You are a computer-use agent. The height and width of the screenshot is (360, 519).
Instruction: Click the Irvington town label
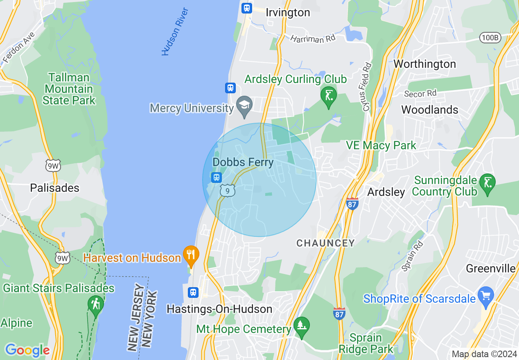point(288,13)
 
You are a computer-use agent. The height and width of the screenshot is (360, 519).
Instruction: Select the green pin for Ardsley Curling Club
point(328,96)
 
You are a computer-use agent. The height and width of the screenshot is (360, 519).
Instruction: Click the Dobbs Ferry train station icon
point(216,178)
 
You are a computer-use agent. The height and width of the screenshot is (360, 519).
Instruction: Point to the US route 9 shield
point(228,190)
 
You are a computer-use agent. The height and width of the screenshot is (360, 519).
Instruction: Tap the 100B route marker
point(490,38)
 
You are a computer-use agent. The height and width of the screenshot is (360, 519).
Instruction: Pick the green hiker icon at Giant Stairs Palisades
point(96,304)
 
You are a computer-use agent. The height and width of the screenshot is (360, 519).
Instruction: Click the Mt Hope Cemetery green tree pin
point(302,326)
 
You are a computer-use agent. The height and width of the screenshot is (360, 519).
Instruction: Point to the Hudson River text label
point(175,32)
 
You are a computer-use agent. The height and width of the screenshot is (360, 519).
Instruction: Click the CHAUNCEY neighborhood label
point(325,243)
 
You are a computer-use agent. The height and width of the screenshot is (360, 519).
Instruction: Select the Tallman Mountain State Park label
point(69,89)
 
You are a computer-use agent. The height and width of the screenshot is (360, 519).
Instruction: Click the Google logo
point(27,350)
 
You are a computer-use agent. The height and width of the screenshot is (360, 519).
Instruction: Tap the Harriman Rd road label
point(313,39)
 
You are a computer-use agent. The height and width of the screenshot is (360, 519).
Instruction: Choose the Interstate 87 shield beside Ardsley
point(352,204)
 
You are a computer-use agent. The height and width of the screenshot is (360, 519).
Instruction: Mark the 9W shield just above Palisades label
point(53,165)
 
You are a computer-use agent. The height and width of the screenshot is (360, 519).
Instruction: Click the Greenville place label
point(490,268)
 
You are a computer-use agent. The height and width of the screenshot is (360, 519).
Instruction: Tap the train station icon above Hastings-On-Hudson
point(193,292)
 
